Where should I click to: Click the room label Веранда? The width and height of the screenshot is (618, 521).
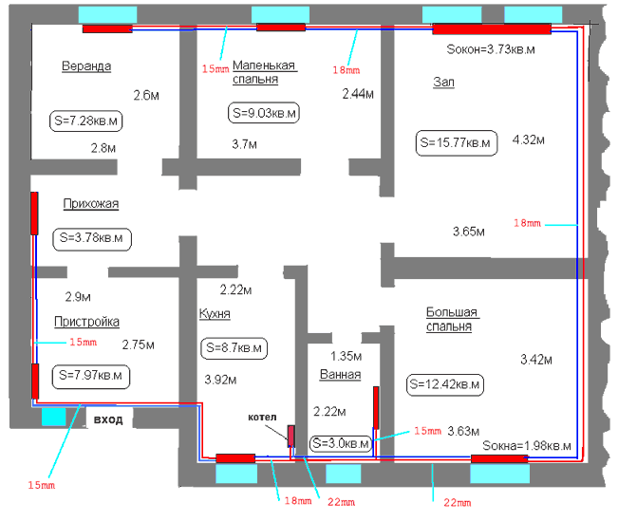click(x=86, y=65)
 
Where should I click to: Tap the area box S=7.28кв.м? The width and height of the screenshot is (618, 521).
click(x=86, y=121)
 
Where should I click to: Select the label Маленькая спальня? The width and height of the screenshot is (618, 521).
click(x=264, y=72)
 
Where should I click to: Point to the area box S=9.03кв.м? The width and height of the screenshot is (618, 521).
click(x=264, y=113)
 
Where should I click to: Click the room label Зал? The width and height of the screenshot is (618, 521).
click(x=443, y=82)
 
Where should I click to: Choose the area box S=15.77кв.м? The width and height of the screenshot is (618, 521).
click(x=457, y=142)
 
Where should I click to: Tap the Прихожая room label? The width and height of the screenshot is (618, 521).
click(x=90, y=204)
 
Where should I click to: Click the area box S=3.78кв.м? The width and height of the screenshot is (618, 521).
click(x=92, y=238)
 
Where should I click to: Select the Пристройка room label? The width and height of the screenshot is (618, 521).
click(x=86, y=322)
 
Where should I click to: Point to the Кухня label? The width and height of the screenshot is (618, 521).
click(x=215, y=314)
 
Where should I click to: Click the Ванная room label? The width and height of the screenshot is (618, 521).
click(x=340, y=375)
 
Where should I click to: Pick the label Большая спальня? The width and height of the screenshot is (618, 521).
click(x=453, y=319)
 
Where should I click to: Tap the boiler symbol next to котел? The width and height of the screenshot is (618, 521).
click(x=290, y=436)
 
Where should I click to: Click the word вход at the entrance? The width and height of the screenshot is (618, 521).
click(x=108, y=419)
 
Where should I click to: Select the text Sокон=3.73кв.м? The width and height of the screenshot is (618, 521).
click(x=491, y=49)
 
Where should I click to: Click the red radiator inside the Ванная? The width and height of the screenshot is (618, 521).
click(x=376, y=407)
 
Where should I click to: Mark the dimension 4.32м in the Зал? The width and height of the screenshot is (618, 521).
click(x=528, y=140)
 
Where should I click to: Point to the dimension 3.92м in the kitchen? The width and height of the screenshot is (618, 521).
click(x=220, y=380)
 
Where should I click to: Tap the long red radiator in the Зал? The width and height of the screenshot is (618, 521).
click(x=492, y=28)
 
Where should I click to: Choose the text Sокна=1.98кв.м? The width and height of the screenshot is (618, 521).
click(x=527, y=446)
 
